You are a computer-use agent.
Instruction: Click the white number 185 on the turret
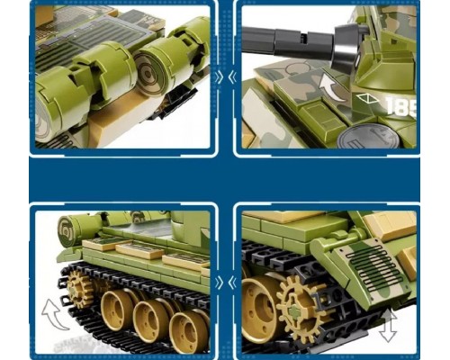[x=400, y=106]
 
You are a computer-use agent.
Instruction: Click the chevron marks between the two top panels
[x=225, y=76]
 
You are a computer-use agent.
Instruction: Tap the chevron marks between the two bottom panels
[x=225, y=283]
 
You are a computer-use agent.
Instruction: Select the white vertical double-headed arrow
[x=388, y=327]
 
